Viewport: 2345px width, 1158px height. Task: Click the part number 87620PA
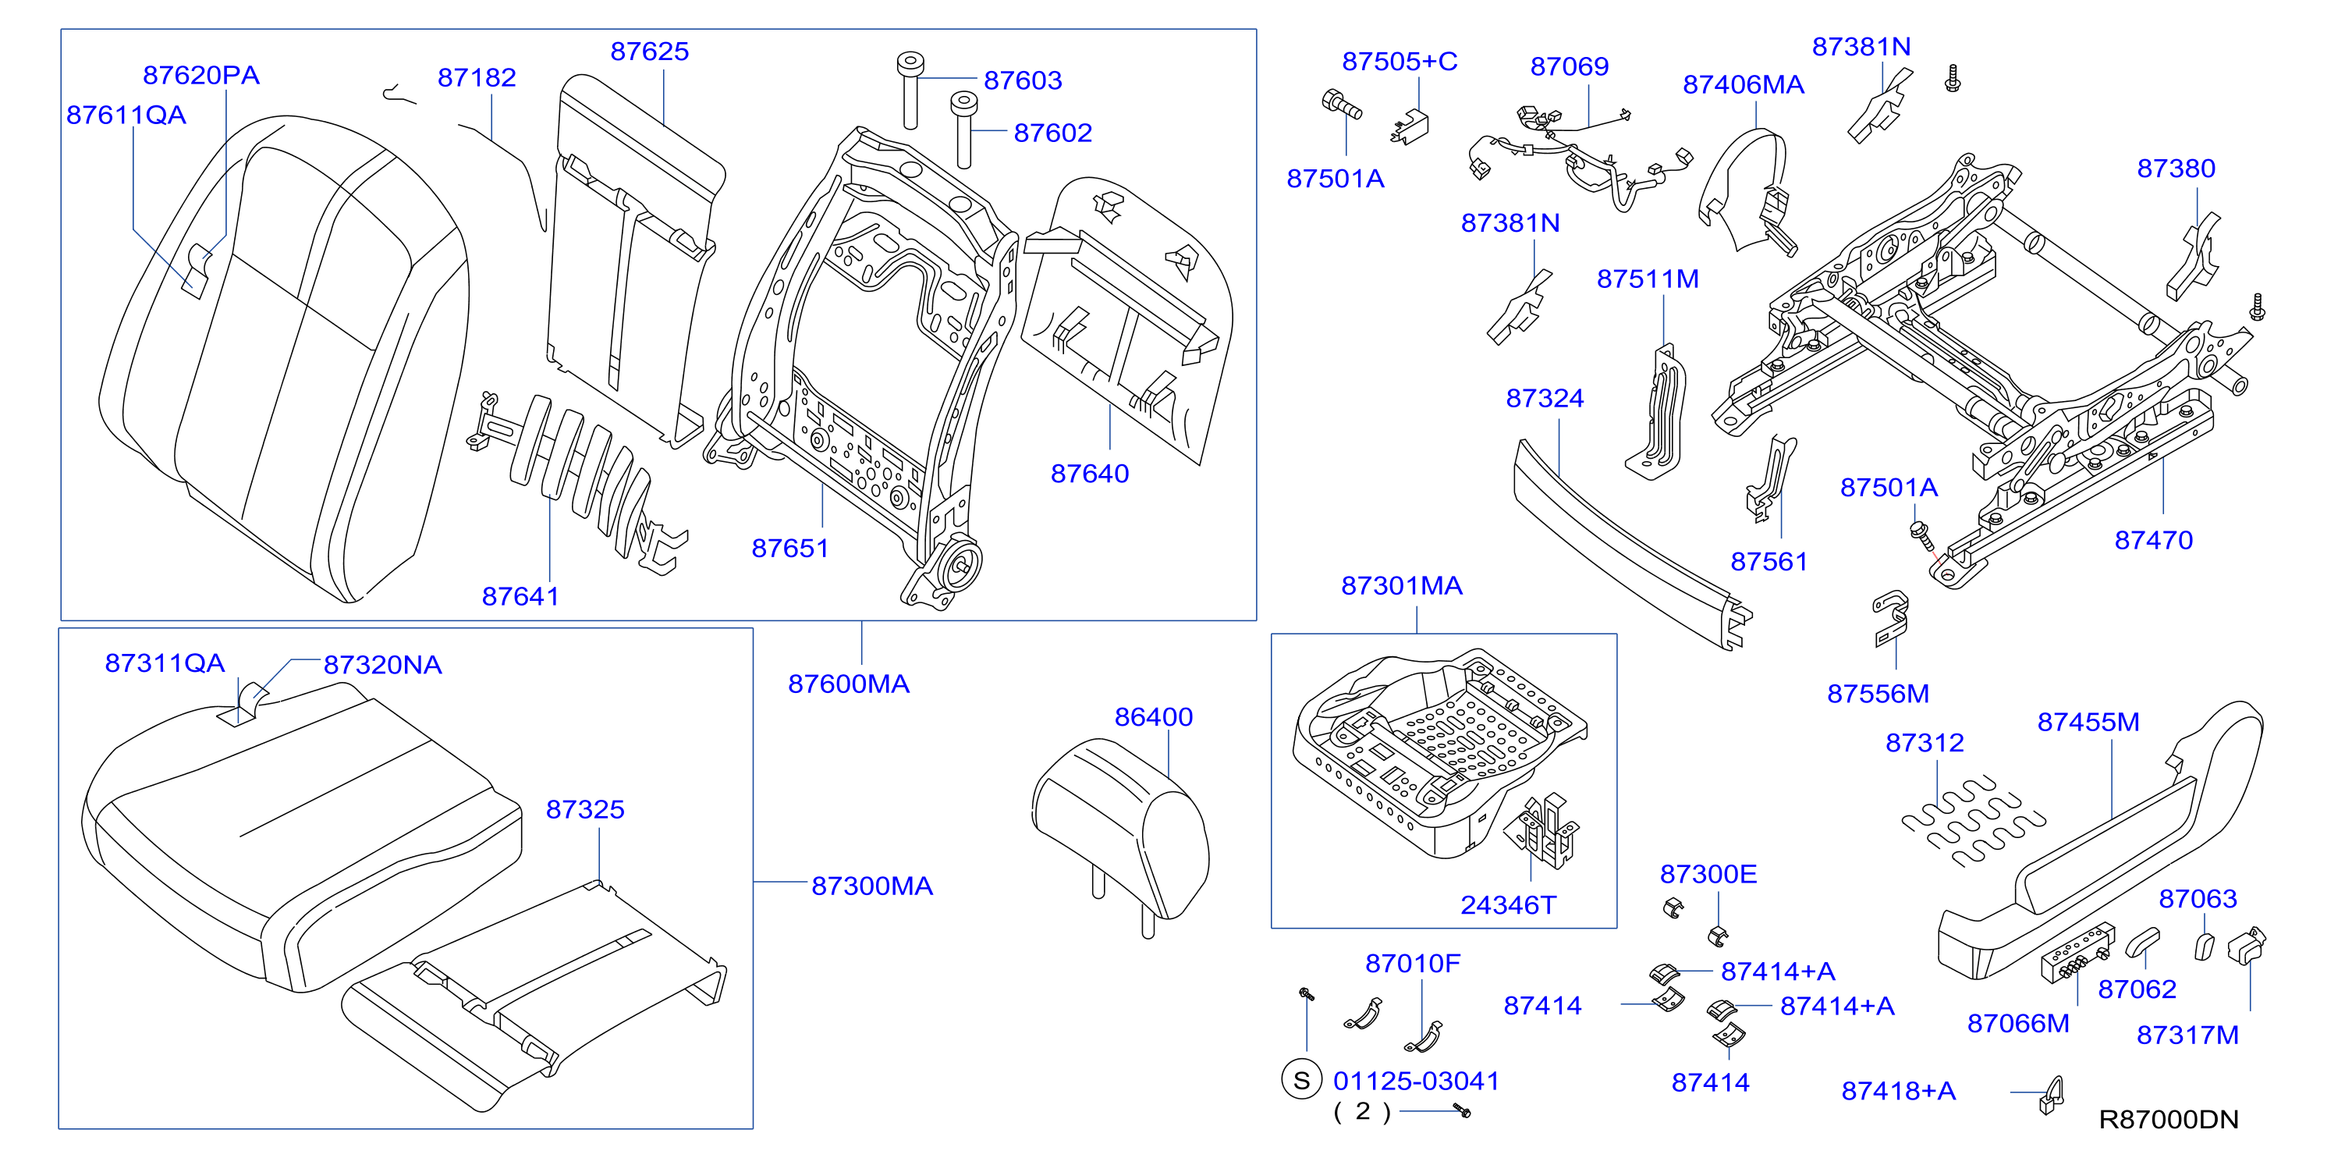(x=201, y=75)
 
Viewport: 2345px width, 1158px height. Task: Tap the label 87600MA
(x=849, y=684)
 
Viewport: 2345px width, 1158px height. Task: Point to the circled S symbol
(x=1301, y=1081)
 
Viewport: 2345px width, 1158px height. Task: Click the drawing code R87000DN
(x=2169, y=1120)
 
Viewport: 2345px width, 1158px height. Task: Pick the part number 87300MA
(x=872, y=886)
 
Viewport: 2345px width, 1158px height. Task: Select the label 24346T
(x=1509, y=905)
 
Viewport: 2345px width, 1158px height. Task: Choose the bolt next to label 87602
(x=964, y=128)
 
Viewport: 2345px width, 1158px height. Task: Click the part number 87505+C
(x=1400, y=61)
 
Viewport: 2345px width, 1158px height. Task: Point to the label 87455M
(x=2088, y=722)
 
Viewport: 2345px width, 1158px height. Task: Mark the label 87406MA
(x=1744, y=84)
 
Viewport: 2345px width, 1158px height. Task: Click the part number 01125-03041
(x=1417, y=1081)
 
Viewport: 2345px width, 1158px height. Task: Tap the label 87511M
(x=1648, y=279)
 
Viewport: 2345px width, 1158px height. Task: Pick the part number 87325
(x=585, y=809)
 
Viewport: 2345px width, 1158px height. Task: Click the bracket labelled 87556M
(x=1891, y=618)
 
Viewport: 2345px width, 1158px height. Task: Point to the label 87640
(x=1090, y=474)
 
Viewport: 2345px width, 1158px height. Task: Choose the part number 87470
(x=2153, y=540)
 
